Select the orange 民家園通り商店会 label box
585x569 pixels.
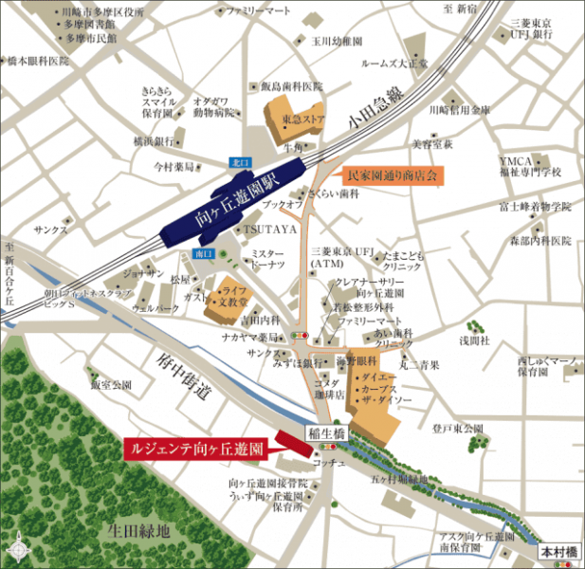392,175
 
